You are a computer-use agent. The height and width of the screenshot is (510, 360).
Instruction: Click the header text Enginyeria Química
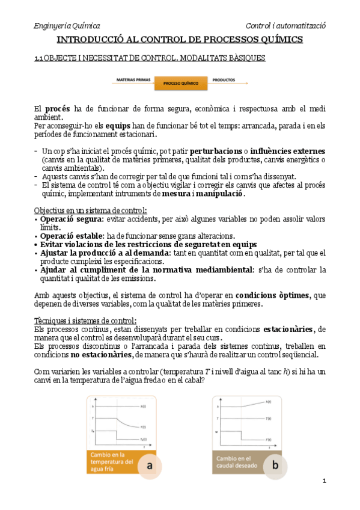(66, 26)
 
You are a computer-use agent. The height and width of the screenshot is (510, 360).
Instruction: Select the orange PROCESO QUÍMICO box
(181, 84)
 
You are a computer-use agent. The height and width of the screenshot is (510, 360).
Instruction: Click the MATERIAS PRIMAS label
(132, 79)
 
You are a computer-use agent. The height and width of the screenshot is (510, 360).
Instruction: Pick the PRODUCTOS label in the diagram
(224, 79)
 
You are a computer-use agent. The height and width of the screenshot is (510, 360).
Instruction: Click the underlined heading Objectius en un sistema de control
(90, 210)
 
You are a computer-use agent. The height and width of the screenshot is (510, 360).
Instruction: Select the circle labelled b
(275, 464)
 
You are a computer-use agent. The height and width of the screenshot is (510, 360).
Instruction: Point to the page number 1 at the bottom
(324, 481)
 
